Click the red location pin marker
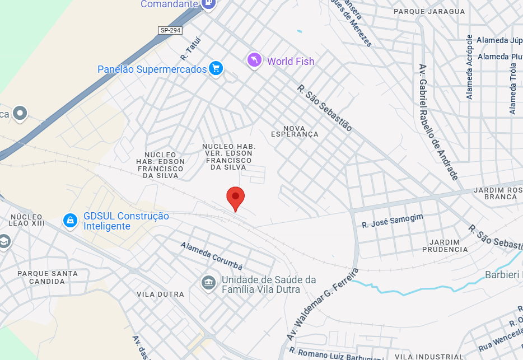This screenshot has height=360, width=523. click(x=236, y=198)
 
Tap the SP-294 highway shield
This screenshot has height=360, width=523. click(x=171, y=30)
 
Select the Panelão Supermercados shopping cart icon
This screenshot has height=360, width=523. click(x=216, y=69)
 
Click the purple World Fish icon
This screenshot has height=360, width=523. click(x=255, y=60)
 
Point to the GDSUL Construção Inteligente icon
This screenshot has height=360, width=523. click(x=70, y=221)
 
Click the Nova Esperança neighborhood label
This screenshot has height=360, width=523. click(x=295, y=131)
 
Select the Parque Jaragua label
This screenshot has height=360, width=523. click(x=429, y=11)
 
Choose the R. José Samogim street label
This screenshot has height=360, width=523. click(x=393, y=221)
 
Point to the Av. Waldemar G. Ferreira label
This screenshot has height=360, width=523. click(x=322, y=305)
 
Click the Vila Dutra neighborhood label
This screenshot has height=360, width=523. click(x=160, y=294)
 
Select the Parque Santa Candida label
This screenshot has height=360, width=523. click(x=48, y=277)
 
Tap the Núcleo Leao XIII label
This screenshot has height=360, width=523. click(x=26, y=219)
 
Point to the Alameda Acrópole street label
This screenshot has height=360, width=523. click(x=470, y=67)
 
